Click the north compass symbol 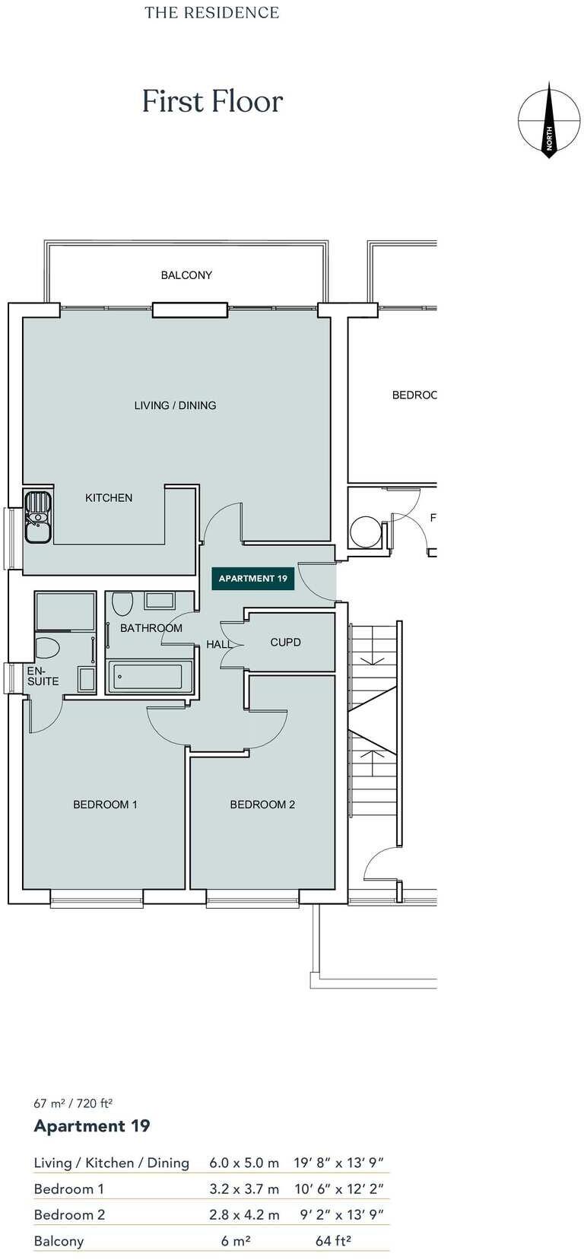(548, 121)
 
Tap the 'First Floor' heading (212, 102)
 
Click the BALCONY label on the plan (186, 275)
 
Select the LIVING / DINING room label (175, 405)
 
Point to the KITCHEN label (109, 498)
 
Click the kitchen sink (37, 517)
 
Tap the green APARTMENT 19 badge (252, 579)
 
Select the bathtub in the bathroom (151, 677)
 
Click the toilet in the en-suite (47, 649)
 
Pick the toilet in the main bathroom (122, 604)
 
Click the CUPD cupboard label (285, 643)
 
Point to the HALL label (219, 645)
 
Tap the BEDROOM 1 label (105, 805)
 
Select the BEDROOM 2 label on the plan (262, 805)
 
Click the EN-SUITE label (43, 676)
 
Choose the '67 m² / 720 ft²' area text (73, 1103)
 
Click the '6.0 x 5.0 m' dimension (244, 1163)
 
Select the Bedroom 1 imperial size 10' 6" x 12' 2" (339, 1189)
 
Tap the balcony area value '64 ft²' (333, 1241)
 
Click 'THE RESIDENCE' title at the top (212, 13)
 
